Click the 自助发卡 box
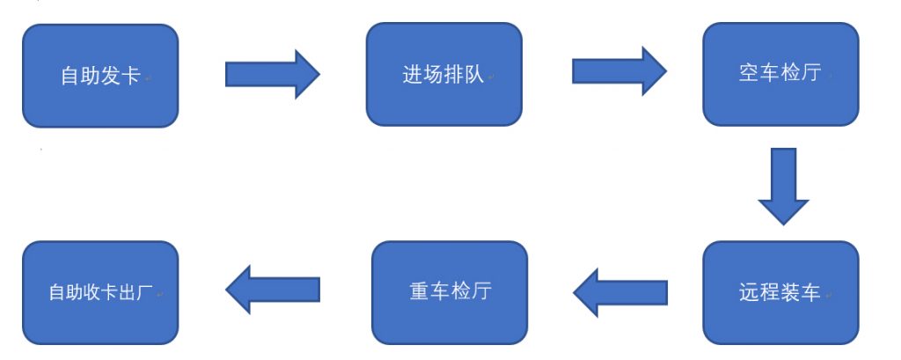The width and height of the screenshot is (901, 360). (100, 76)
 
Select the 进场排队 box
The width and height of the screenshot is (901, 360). (444, 74)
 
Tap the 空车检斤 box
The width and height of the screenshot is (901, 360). (781, 74)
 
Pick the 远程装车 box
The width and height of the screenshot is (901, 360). (781, 293)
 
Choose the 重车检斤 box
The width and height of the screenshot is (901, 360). (450, 293)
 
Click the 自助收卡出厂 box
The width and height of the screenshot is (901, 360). (100, 293)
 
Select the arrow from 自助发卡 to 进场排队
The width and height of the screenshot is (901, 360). (273, 75)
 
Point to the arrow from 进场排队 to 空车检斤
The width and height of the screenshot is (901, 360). (619, 71)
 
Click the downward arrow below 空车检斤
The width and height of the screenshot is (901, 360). (784, 187)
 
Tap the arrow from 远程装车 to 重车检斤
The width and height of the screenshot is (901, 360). (620, 293)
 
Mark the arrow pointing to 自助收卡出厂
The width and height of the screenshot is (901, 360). (273, 290)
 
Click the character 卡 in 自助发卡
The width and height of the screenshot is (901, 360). (130, 76)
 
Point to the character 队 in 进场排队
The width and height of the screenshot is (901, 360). (474, 75)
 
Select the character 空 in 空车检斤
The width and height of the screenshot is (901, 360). (750, 73)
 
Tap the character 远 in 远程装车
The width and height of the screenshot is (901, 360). (750, 292)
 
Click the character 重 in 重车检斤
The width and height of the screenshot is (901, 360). (419, 291)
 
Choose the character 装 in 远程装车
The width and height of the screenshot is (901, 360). (790, 292)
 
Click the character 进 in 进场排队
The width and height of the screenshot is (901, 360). (413, 75)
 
